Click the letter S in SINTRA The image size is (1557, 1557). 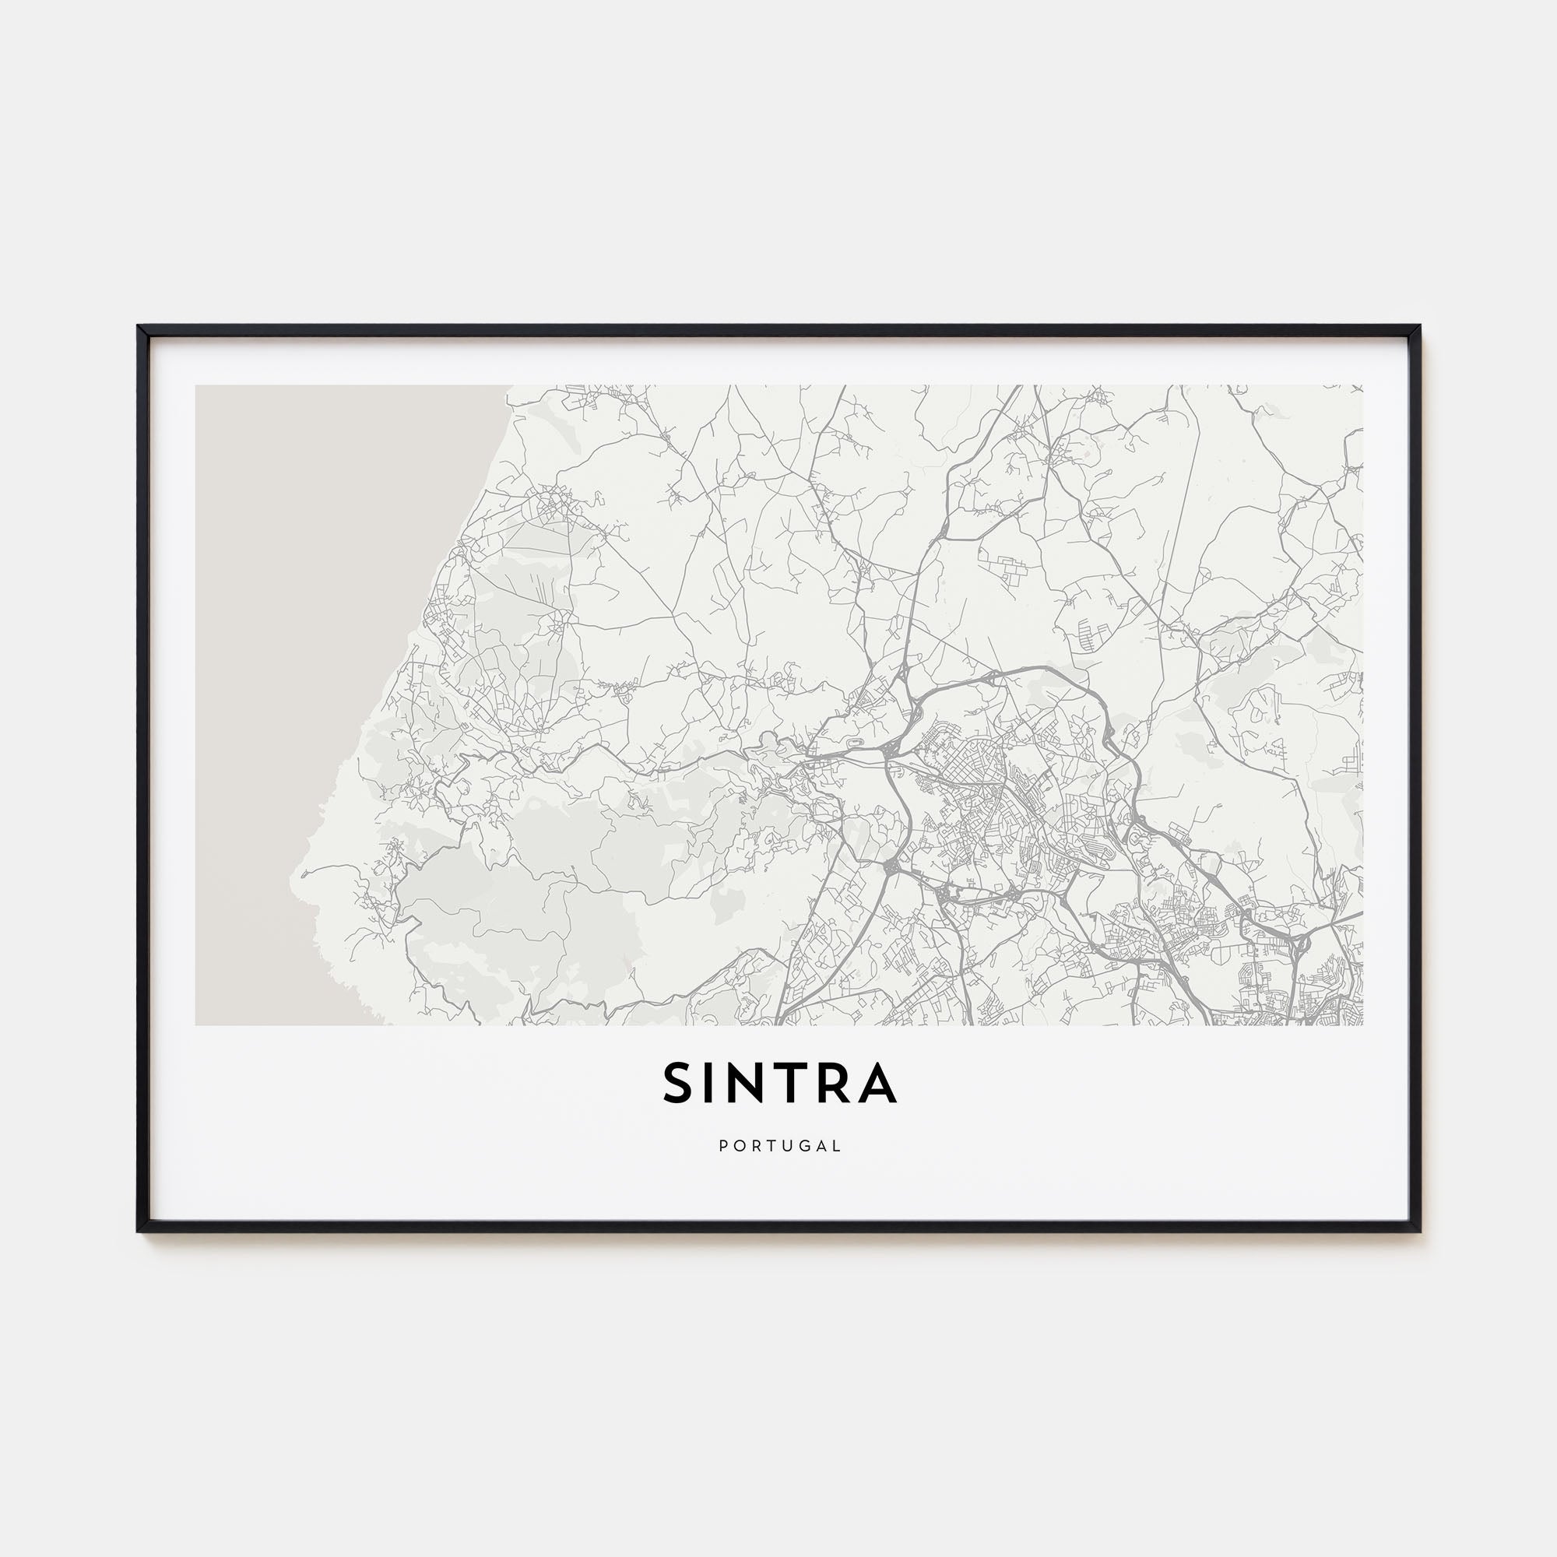point(679,1082)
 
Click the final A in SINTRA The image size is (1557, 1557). point(877,1082)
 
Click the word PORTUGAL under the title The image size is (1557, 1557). point(779,1145)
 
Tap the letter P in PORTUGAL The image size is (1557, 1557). point(723,1145)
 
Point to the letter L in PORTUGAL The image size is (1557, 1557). point(838,1145)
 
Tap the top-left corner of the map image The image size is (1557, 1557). point(196,385)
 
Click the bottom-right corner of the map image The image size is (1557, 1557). point(1362,1025)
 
